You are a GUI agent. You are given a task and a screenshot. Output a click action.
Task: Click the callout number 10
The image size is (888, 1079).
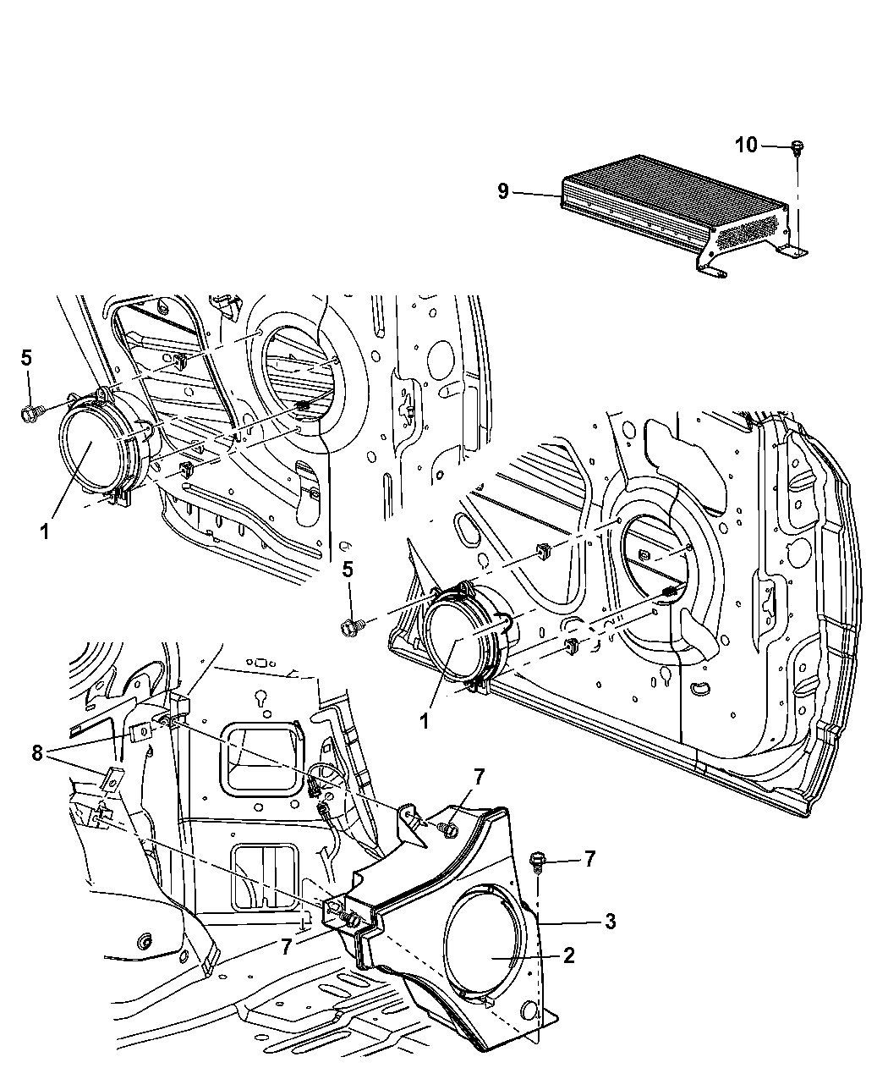[745, 146]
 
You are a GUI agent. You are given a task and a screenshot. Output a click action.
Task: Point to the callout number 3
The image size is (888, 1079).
[608, 921]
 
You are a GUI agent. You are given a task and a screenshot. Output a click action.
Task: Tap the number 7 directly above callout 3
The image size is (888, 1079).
[589, 859]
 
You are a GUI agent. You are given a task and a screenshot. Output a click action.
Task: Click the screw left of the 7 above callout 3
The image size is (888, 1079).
[539, 861]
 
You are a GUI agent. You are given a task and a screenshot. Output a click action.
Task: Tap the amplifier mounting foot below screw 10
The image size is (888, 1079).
[794, 250]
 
